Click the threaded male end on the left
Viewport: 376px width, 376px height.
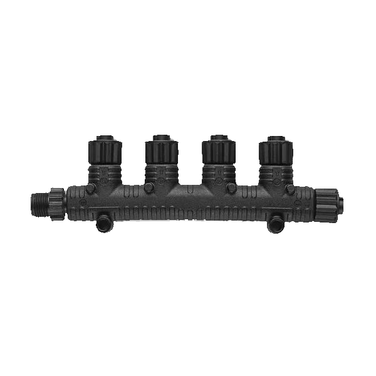(x=38, y=201)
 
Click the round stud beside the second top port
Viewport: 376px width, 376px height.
(x=149, y=188)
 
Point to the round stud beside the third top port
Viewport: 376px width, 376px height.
(x=231, y=188)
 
